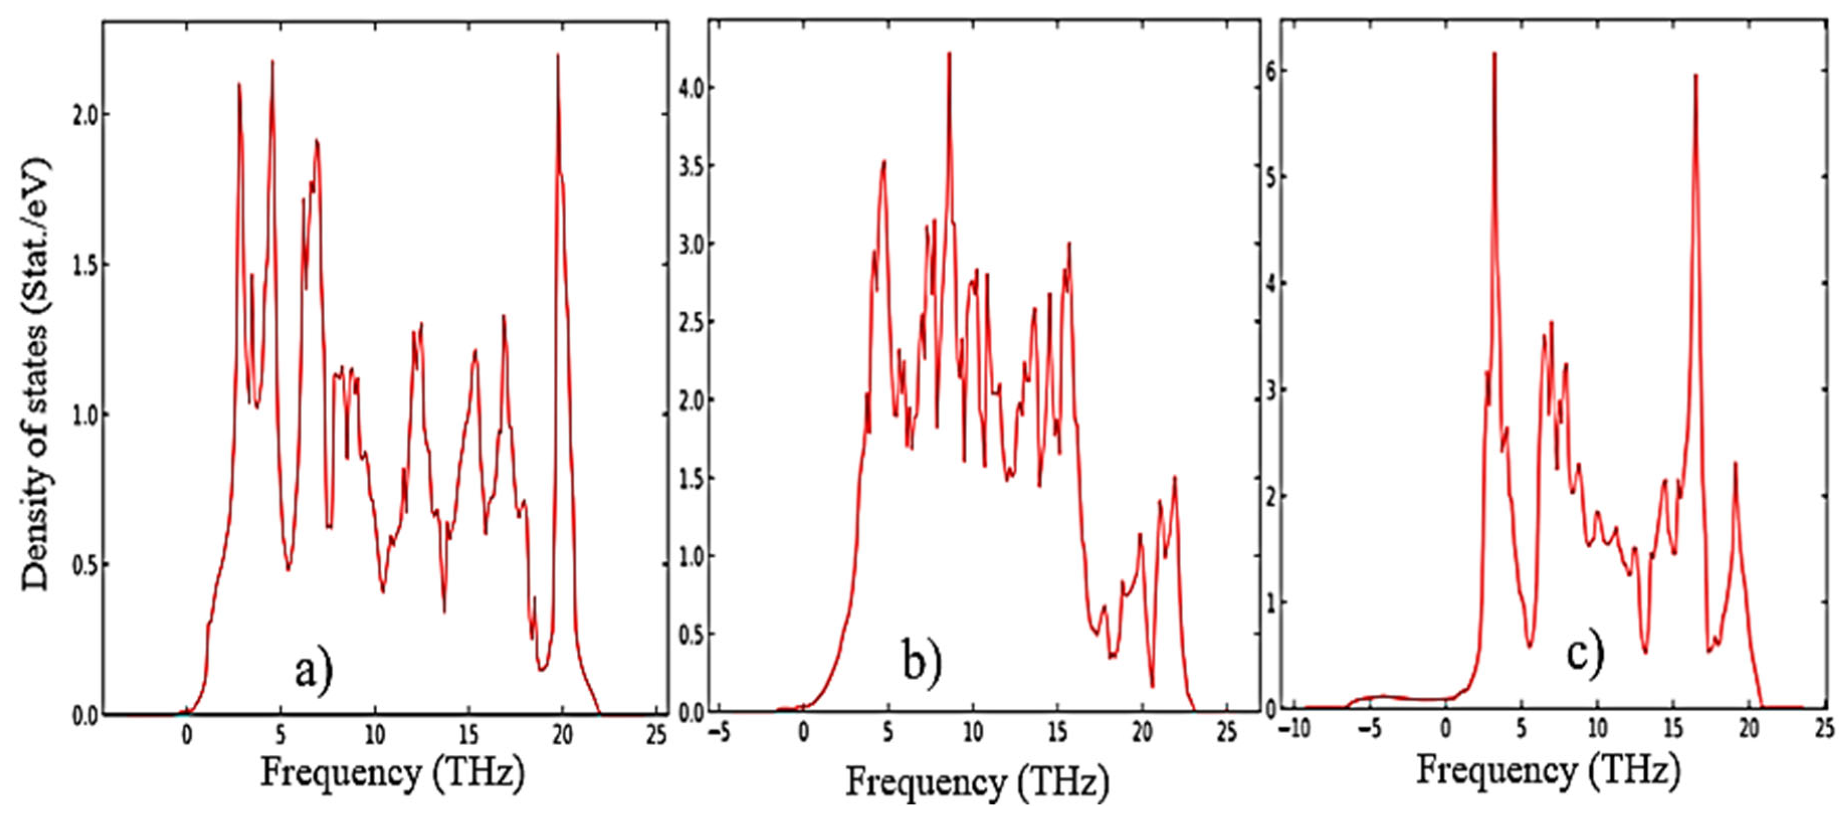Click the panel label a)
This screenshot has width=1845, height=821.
314,672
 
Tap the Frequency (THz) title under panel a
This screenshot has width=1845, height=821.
392,774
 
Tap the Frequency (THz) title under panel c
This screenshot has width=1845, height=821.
1549,772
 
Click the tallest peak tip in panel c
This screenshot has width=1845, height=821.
1495,53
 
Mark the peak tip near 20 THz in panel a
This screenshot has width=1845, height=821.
557,54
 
